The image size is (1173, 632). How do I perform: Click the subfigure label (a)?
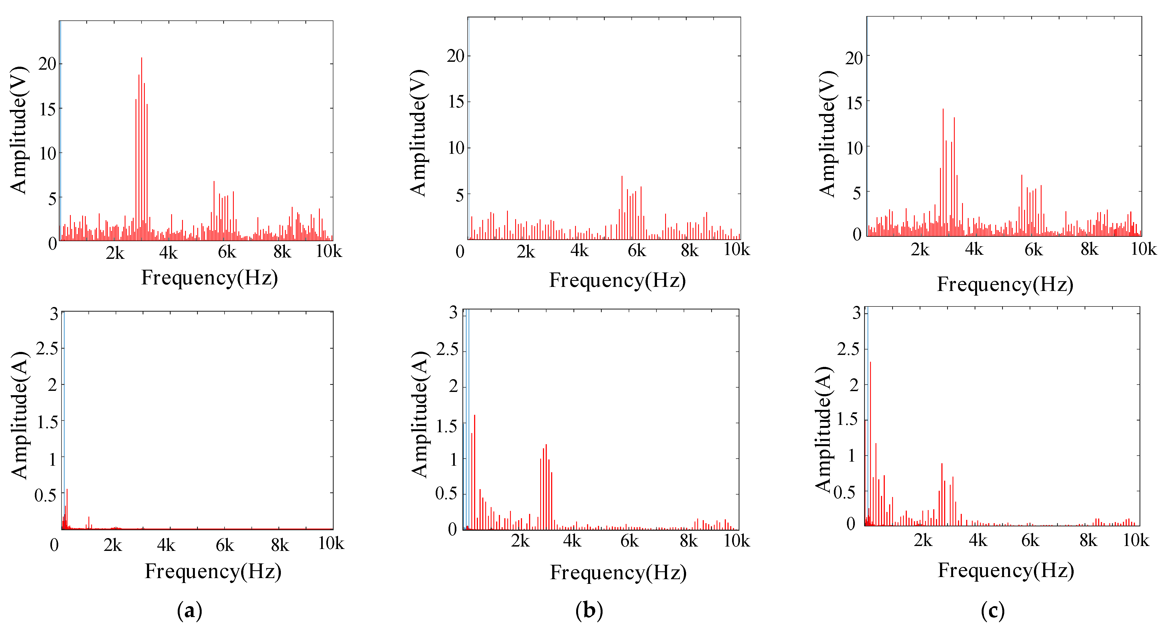pyautogui.click(x=189, y=610)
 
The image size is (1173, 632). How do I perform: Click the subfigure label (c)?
pyautogui.click(x=993, y=610)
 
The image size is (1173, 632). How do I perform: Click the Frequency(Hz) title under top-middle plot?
pyautogui.click(x=618, y=280)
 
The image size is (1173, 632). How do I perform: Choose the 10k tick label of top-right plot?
pyautogui.click(x=1143, y=249)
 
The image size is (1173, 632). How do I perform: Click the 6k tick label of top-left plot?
pyautogui.click(x=227, y=252)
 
